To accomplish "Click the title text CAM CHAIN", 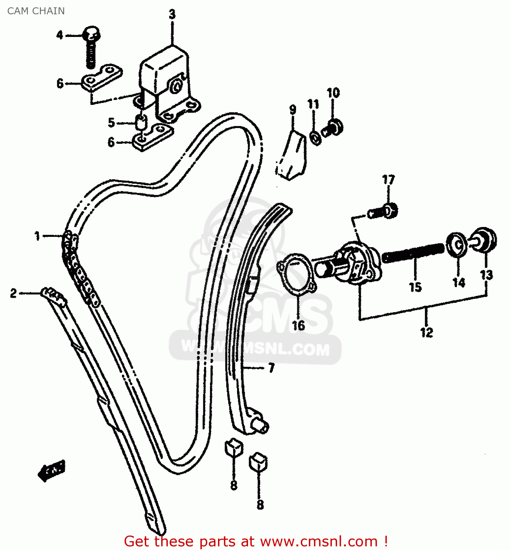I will coord(36,11).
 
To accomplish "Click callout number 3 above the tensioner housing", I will coord(172,14).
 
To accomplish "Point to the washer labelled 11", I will coord(315,137).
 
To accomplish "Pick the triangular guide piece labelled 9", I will coord(292,156).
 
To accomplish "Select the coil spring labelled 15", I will coord(413,252).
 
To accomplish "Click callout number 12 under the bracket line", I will coord(426,332).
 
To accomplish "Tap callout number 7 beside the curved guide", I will coord(271,367).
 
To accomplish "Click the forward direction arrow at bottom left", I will coord(52,470).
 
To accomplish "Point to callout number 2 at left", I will coord(14,293).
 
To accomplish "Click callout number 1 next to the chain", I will coord(37,236).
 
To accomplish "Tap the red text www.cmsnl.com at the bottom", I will coord(319,541).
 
